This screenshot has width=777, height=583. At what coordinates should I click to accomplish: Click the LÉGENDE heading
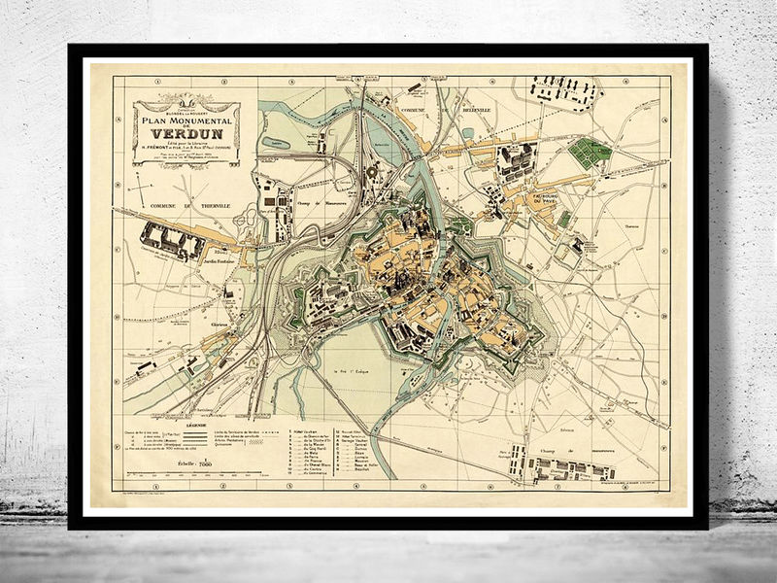coord(190,424)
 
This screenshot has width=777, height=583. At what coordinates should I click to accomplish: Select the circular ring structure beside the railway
coord(371,171)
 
